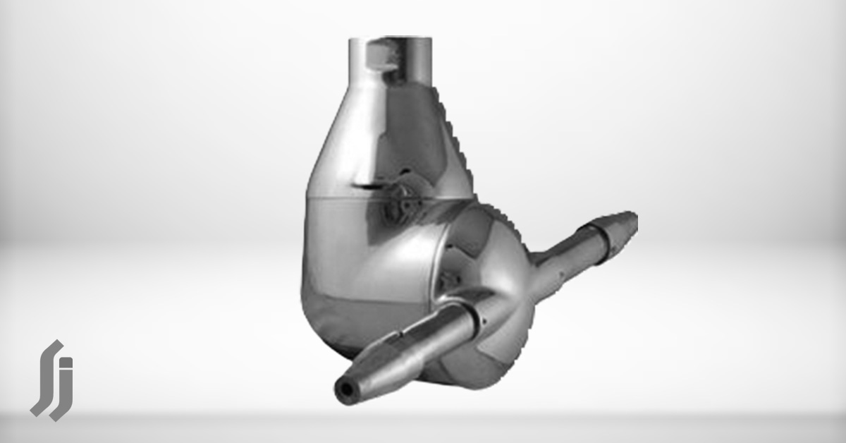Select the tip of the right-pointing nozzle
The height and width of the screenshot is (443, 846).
(x=630, y=220)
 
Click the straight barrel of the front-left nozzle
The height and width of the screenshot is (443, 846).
(x=416, y=346)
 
